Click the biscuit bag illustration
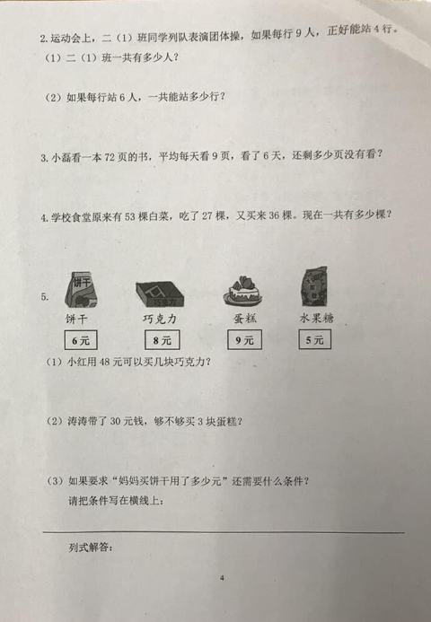(82, 290)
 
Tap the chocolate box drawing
(160, 293)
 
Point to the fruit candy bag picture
(314, 286)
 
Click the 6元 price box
(81, 340)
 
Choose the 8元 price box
(162, 340)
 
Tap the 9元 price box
(244, 340)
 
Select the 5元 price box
(314, 339)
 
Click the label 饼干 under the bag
(76, 319)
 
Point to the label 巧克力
(159, 319)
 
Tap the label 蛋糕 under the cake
(245, 318)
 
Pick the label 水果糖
(316, 318)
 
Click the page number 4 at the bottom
(222, 578)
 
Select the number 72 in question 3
(110, 157)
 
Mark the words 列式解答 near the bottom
(91, 548)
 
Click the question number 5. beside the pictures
(45, 297)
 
